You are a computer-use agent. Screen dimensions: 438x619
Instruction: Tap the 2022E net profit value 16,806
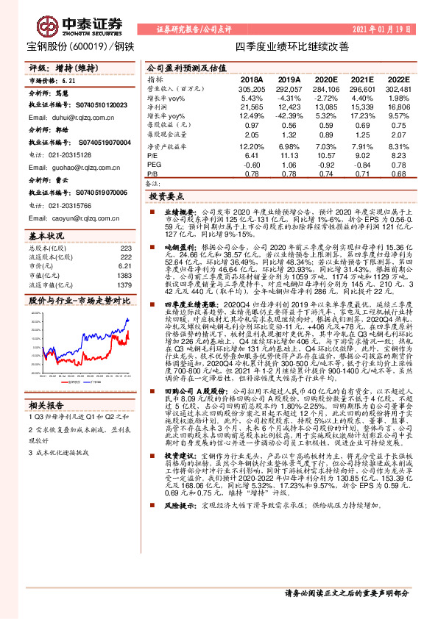[x=398, y=108]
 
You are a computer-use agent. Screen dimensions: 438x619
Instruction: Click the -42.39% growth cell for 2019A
[x=287, y=115]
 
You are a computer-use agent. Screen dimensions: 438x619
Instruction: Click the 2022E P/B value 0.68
[x=398, y=173]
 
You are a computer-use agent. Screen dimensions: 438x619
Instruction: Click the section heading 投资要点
[x=167, y=197]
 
